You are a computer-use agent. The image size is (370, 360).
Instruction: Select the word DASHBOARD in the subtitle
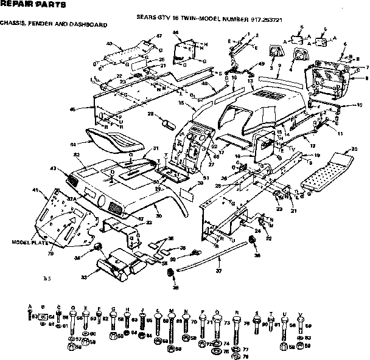click(x=91, y=24)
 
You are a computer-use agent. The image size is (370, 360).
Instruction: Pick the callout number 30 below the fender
click(x=158, y=216)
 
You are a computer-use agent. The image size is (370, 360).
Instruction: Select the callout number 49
click(x=261, y=64)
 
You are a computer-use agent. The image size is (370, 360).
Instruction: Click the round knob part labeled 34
click(x=97, y=247)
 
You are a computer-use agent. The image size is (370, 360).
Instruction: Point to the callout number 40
click(x=110, y=44)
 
